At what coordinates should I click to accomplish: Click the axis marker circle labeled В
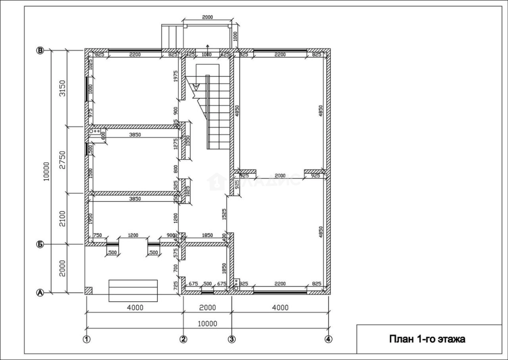pos(40,50)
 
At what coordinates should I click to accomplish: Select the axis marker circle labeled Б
pos(40,244)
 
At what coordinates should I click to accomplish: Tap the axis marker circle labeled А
pos(40,292)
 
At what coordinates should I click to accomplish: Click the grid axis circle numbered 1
pos(86,339)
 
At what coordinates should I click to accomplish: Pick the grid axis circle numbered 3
pos(231,339)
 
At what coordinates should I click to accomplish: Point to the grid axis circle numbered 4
pos(328,339)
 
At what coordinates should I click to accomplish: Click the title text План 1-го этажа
pos(427,339)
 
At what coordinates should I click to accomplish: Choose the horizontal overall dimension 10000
pos(207,324)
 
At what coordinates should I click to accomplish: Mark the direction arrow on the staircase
pos(196,86)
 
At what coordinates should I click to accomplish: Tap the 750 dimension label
pos(98,235)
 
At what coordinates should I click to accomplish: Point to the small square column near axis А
pos(88,290)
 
